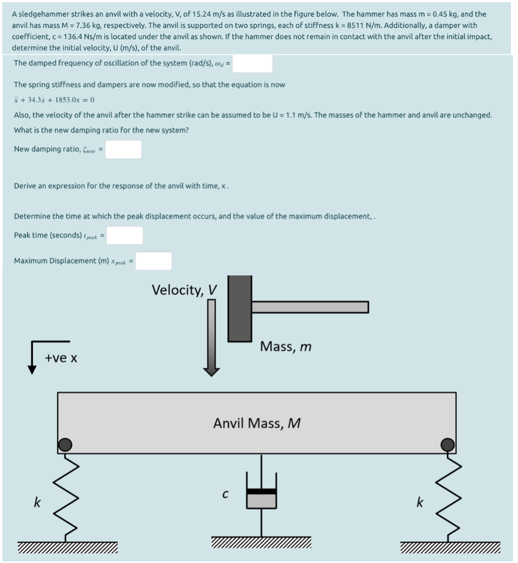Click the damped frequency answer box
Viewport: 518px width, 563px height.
[255, 63]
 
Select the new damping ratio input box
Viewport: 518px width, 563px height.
[123, 150]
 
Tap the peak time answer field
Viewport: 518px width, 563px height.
[125, 235]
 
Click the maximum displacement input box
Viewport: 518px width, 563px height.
[154, 261]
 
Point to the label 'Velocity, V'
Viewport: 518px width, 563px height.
[184, 290]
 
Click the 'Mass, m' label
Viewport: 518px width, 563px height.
[286, 346]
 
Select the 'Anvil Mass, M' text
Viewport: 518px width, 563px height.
[257, 423]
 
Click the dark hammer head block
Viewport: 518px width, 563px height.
[239, 308]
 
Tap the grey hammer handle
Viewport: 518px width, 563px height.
[310, 307]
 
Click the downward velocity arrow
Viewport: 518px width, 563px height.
[211, 338]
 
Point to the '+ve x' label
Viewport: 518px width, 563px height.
[61, 358]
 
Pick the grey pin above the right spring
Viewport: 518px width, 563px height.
[448, 444]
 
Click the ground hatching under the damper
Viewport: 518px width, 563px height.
[261, 543]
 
